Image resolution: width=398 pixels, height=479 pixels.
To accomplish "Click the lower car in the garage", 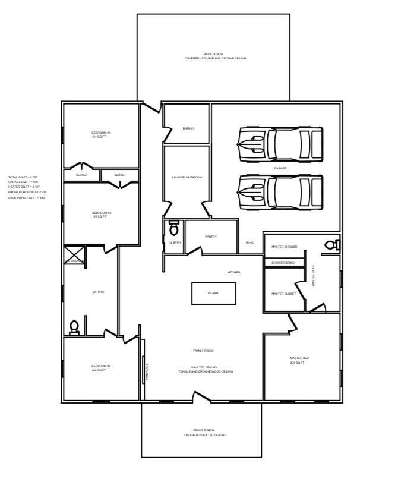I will [x=280, y=191].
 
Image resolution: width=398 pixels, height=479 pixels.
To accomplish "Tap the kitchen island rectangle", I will [x=213, y=293].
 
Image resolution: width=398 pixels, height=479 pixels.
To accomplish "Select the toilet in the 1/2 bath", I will [x=174, y=228].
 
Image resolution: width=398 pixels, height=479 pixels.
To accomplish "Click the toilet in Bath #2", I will [x=74, y=327].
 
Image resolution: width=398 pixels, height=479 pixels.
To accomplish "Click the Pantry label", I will [x=211, y=237].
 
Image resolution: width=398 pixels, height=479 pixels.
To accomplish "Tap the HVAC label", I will [x=249, y=242].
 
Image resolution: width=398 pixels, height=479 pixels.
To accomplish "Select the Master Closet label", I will [x=283, y=294].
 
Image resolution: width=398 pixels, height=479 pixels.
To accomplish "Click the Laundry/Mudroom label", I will [x=187, y=177].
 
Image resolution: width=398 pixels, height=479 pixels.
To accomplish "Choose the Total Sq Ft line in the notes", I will [x=23, y=177].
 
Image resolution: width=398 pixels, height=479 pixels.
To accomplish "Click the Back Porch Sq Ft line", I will [x=27, y=198].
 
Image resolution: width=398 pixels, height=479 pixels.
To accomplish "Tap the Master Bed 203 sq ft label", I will [x=299, y=360].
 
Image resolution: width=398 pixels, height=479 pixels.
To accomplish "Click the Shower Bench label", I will [x=283, y=263].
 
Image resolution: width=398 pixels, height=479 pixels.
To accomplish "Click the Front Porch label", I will [x=204, y=433].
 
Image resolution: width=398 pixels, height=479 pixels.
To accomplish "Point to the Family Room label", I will [x=203, y=351].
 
